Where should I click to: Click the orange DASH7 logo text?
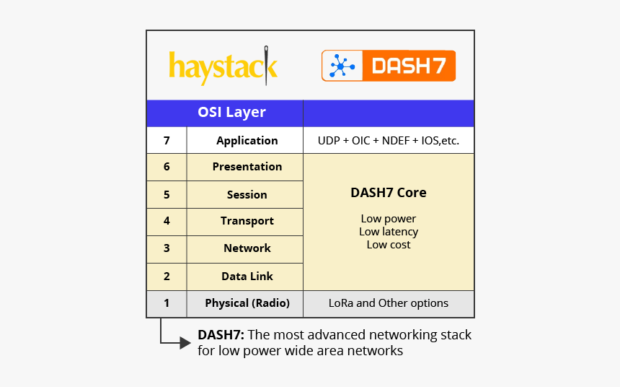(407, 66)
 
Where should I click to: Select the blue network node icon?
(340, 66)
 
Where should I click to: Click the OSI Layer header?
(231, 113)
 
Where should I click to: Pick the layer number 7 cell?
(167, 140)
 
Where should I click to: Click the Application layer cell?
(247, 141)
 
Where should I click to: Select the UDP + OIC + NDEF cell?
(388, 141)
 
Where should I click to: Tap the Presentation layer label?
(247, 167)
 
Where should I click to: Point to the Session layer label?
(247, 195)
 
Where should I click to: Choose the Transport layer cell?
(247, 222)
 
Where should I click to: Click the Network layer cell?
(247, 248)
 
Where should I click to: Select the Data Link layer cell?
(247, 277)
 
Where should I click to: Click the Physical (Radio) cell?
(247, 303)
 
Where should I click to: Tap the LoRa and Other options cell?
(388, 303)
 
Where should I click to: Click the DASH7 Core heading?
(388, 193)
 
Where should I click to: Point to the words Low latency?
(388, 232)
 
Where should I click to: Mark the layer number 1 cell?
(167, 303)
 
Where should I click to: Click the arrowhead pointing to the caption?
(185, 343)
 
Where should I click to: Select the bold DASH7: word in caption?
(219, 335)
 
